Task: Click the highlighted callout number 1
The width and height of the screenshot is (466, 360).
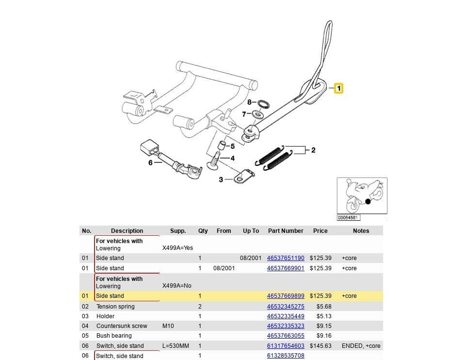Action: point(338,88)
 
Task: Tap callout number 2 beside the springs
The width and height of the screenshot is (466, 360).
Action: point(313,150)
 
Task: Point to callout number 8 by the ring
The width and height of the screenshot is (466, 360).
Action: point(249,102)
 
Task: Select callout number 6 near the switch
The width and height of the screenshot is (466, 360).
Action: point(150,163)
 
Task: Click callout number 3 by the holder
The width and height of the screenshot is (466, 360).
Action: point(221,180)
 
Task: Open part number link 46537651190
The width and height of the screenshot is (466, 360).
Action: point(286,258)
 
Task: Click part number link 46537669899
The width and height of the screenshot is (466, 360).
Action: point(286,296)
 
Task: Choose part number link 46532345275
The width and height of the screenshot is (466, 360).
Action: point(286,307)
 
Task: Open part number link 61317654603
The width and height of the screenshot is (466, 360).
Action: point(286,346)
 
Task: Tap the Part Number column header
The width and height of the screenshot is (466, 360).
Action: point(286,231)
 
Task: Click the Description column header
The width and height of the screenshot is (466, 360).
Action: point(127,231)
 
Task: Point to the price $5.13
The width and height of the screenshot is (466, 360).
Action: point(324,316)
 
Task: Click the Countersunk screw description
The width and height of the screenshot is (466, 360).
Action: point(122,326)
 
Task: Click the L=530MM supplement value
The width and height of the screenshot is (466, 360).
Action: point(177,346)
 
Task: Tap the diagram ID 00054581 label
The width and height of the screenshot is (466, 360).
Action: point(349,218)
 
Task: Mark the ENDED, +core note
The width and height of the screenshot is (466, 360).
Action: point(361,346)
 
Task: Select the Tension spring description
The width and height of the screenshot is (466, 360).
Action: point(115,307)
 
